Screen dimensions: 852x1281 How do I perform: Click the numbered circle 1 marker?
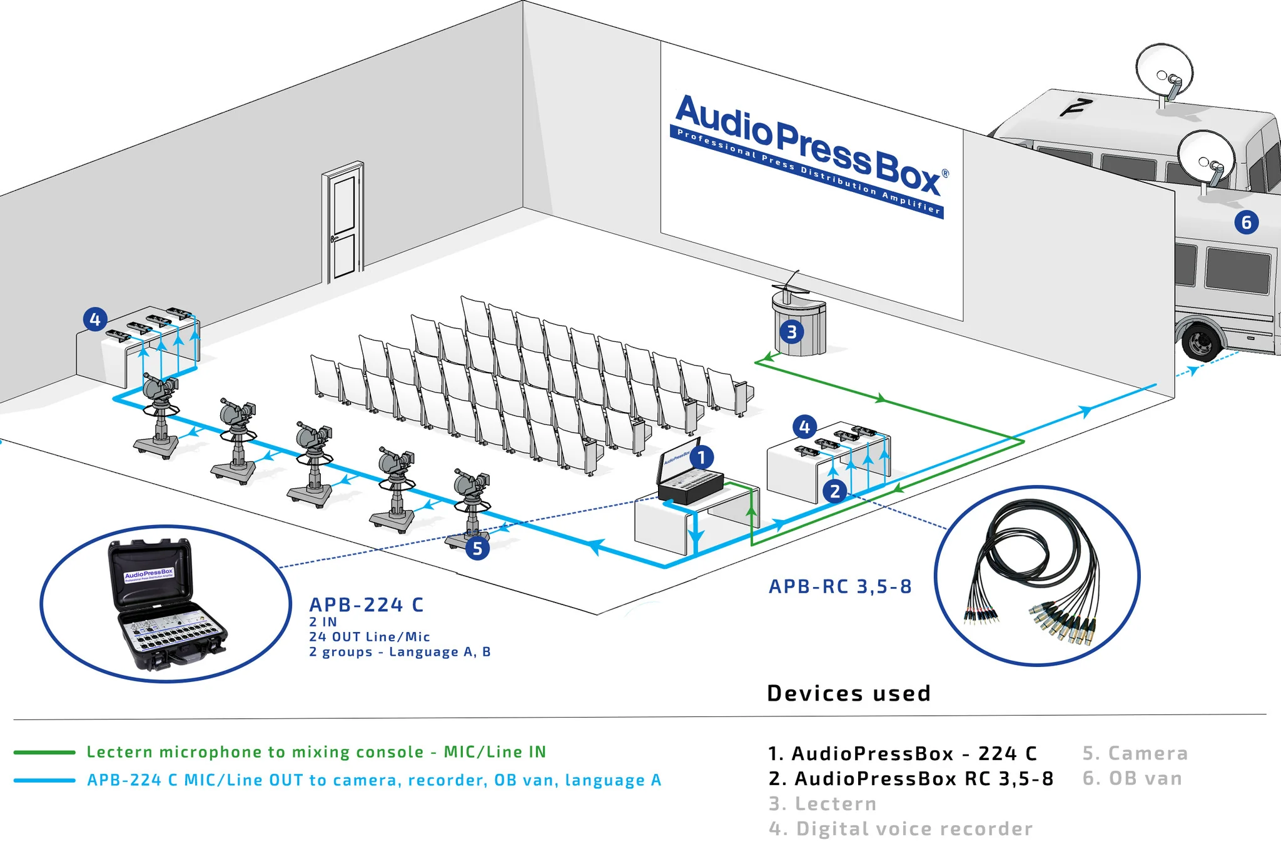[702, 458]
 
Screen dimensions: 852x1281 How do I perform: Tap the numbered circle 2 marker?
[835, 491]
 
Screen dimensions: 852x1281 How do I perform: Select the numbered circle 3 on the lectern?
[791, 332]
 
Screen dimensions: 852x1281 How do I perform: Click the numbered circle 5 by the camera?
[477, 548]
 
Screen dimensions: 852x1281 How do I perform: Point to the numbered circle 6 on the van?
[1246, 222]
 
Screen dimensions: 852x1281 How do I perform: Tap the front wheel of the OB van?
[1201, 341]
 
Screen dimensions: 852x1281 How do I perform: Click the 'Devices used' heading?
[849, 693]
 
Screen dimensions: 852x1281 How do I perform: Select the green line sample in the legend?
[44, 752]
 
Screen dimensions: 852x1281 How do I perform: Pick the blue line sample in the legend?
[44, 780]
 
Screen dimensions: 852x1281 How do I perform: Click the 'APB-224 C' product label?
[366, 604]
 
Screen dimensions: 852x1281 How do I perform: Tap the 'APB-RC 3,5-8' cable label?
[839, 586]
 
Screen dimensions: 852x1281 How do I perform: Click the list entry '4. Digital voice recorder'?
[900, 829]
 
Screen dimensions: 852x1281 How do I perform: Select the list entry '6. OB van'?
[1132, 778]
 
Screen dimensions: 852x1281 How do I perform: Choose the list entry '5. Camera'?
[1135, 753]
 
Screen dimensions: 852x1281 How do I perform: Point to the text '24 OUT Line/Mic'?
[369, 637]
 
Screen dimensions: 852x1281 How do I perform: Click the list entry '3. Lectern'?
[822, 804]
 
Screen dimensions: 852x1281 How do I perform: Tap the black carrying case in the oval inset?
[166, 606]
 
